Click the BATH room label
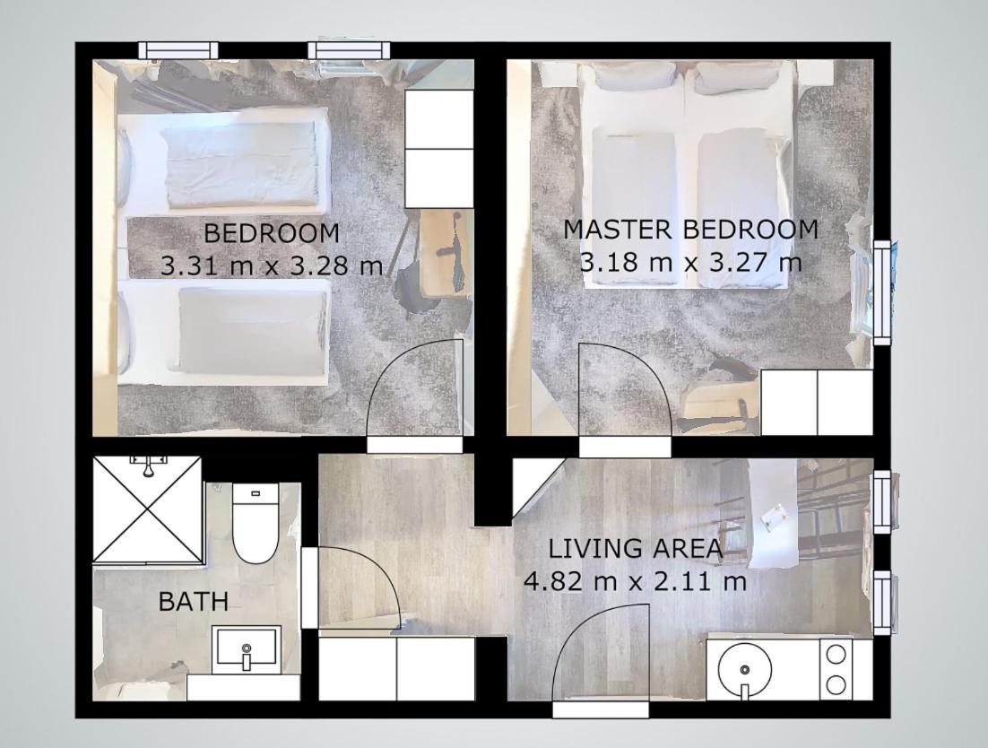pos(193,601)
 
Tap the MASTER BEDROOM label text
pos(691,230)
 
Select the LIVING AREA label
pos(636,548)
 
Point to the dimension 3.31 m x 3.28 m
pos(273,265)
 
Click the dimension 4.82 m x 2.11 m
pos(636,580)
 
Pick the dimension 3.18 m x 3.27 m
pos(691,262)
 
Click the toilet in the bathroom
pos(256,523)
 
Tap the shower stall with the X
pos(147,509)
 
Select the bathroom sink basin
pos(247,650)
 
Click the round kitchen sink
pos(745,669)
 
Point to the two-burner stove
pos(836,669)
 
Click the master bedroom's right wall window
pos(883,292)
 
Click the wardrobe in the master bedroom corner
pos(818,403)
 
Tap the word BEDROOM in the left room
pos(273,233)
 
